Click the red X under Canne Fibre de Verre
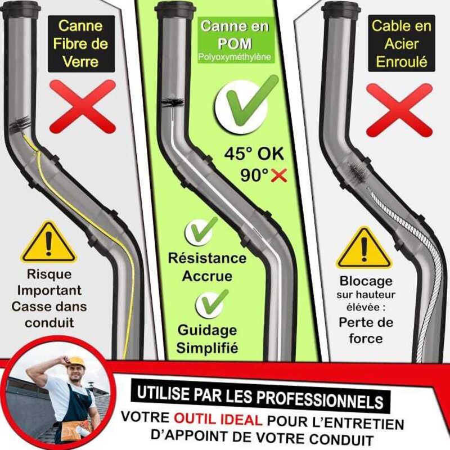coord(83,106)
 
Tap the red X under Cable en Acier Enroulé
coord(399,110)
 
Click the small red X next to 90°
coord(278,175)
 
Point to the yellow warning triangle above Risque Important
coord(48,242)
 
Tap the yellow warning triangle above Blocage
coord(364,248)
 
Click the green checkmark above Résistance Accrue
coord(200,231)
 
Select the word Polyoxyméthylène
coord(235,57)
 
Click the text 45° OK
coord(254,154)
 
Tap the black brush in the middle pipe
coord(173,102)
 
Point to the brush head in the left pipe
coord(20,125)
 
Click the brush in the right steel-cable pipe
coord(358,172)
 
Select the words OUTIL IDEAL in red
coord(218,420)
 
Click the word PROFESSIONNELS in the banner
coord(319,399)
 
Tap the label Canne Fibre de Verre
coord(81,44)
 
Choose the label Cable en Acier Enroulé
coord(402,44)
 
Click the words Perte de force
coord(366,330)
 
